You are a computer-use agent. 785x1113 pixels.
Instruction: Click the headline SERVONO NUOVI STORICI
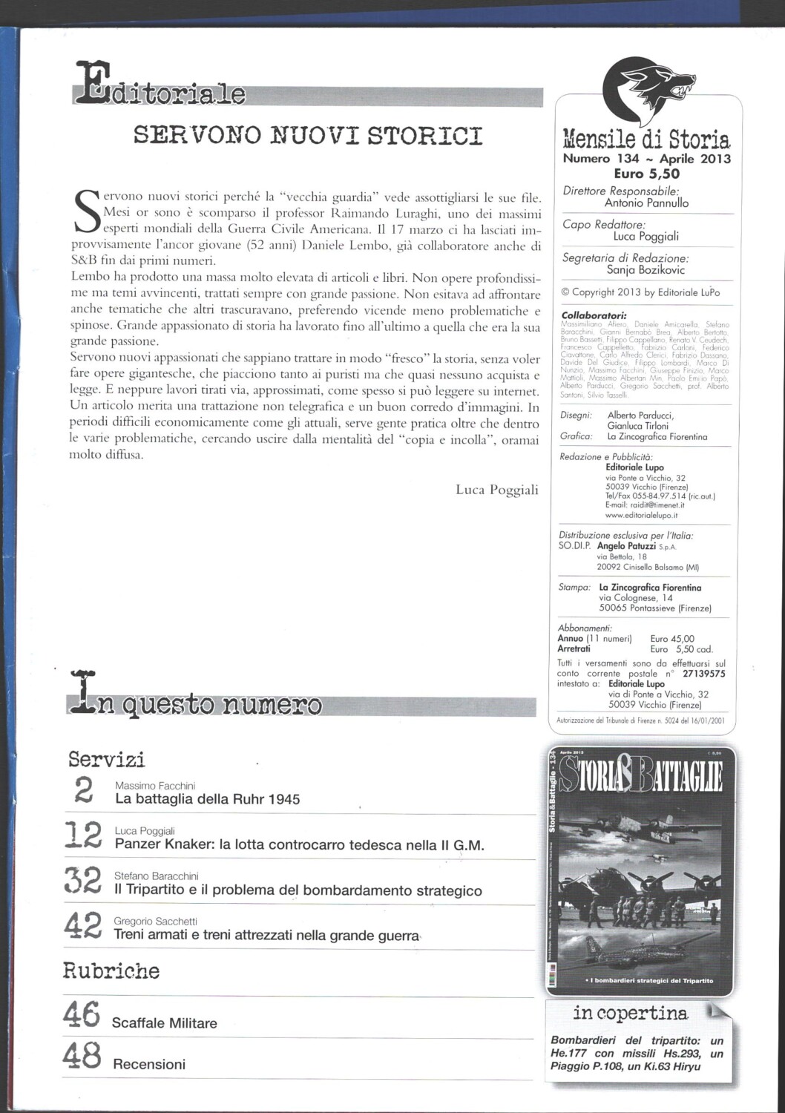[x=307, y=136]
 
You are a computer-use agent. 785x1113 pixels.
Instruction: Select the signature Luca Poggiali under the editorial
[x=496, y=490]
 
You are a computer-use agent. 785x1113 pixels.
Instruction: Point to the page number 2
[x=84, y=792]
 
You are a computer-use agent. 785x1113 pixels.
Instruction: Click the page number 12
[x=82, y=837]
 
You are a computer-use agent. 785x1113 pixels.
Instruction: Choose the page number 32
[x=82, y=883]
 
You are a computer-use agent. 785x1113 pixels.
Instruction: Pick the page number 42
[x=82, y=927]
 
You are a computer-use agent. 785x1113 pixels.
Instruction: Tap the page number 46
[x=82, y=1014]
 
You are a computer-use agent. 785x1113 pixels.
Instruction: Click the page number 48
[x=82, y=1056]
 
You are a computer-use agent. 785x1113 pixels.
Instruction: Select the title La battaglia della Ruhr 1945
[x=208, y=800]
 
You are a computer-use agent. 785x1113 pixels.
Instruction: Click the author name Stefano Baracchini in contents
[x=157, y=876]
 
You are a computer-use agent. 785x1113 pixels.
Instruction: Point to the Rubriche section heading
[x=111, y=971]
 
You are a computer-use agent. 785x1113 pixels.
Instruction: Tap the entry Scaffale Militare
[x=164, y=1023]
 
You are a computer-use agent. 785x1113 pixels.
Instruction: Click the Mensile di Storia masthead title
[x=646, y=139]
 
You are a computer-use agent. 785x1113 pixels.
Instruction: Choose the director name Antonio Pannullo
[x=646, y=203]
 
